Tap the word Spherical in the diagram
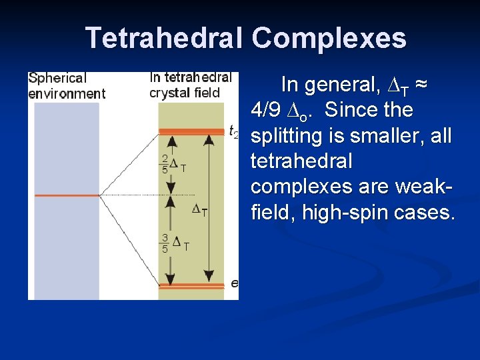pos(57,79)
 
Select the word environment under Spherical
pos(67,93)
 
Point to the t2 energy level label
pos(233,131)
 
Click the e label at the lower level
pos(234,283)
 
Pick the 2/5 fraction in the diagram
pos(165,163)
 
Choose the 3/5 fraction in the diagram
pos(165,242)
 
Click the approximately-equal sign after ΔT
pos(421,85)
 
